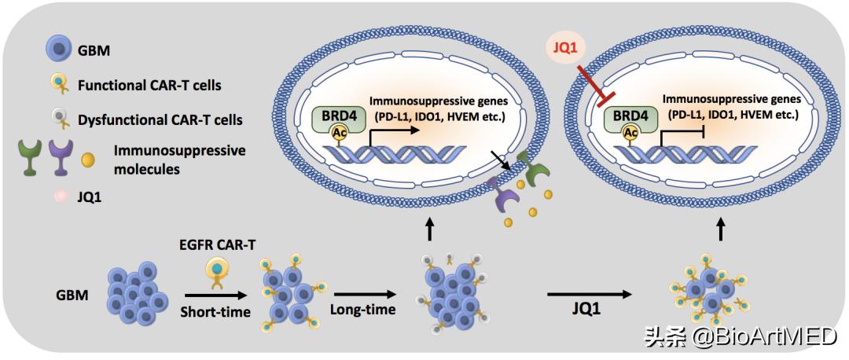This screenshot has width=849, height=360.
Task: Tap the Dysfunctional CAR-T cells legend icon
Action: click(57, 119)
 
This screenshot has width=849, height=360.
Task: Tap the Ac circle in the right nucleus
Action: click(631, 133)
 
